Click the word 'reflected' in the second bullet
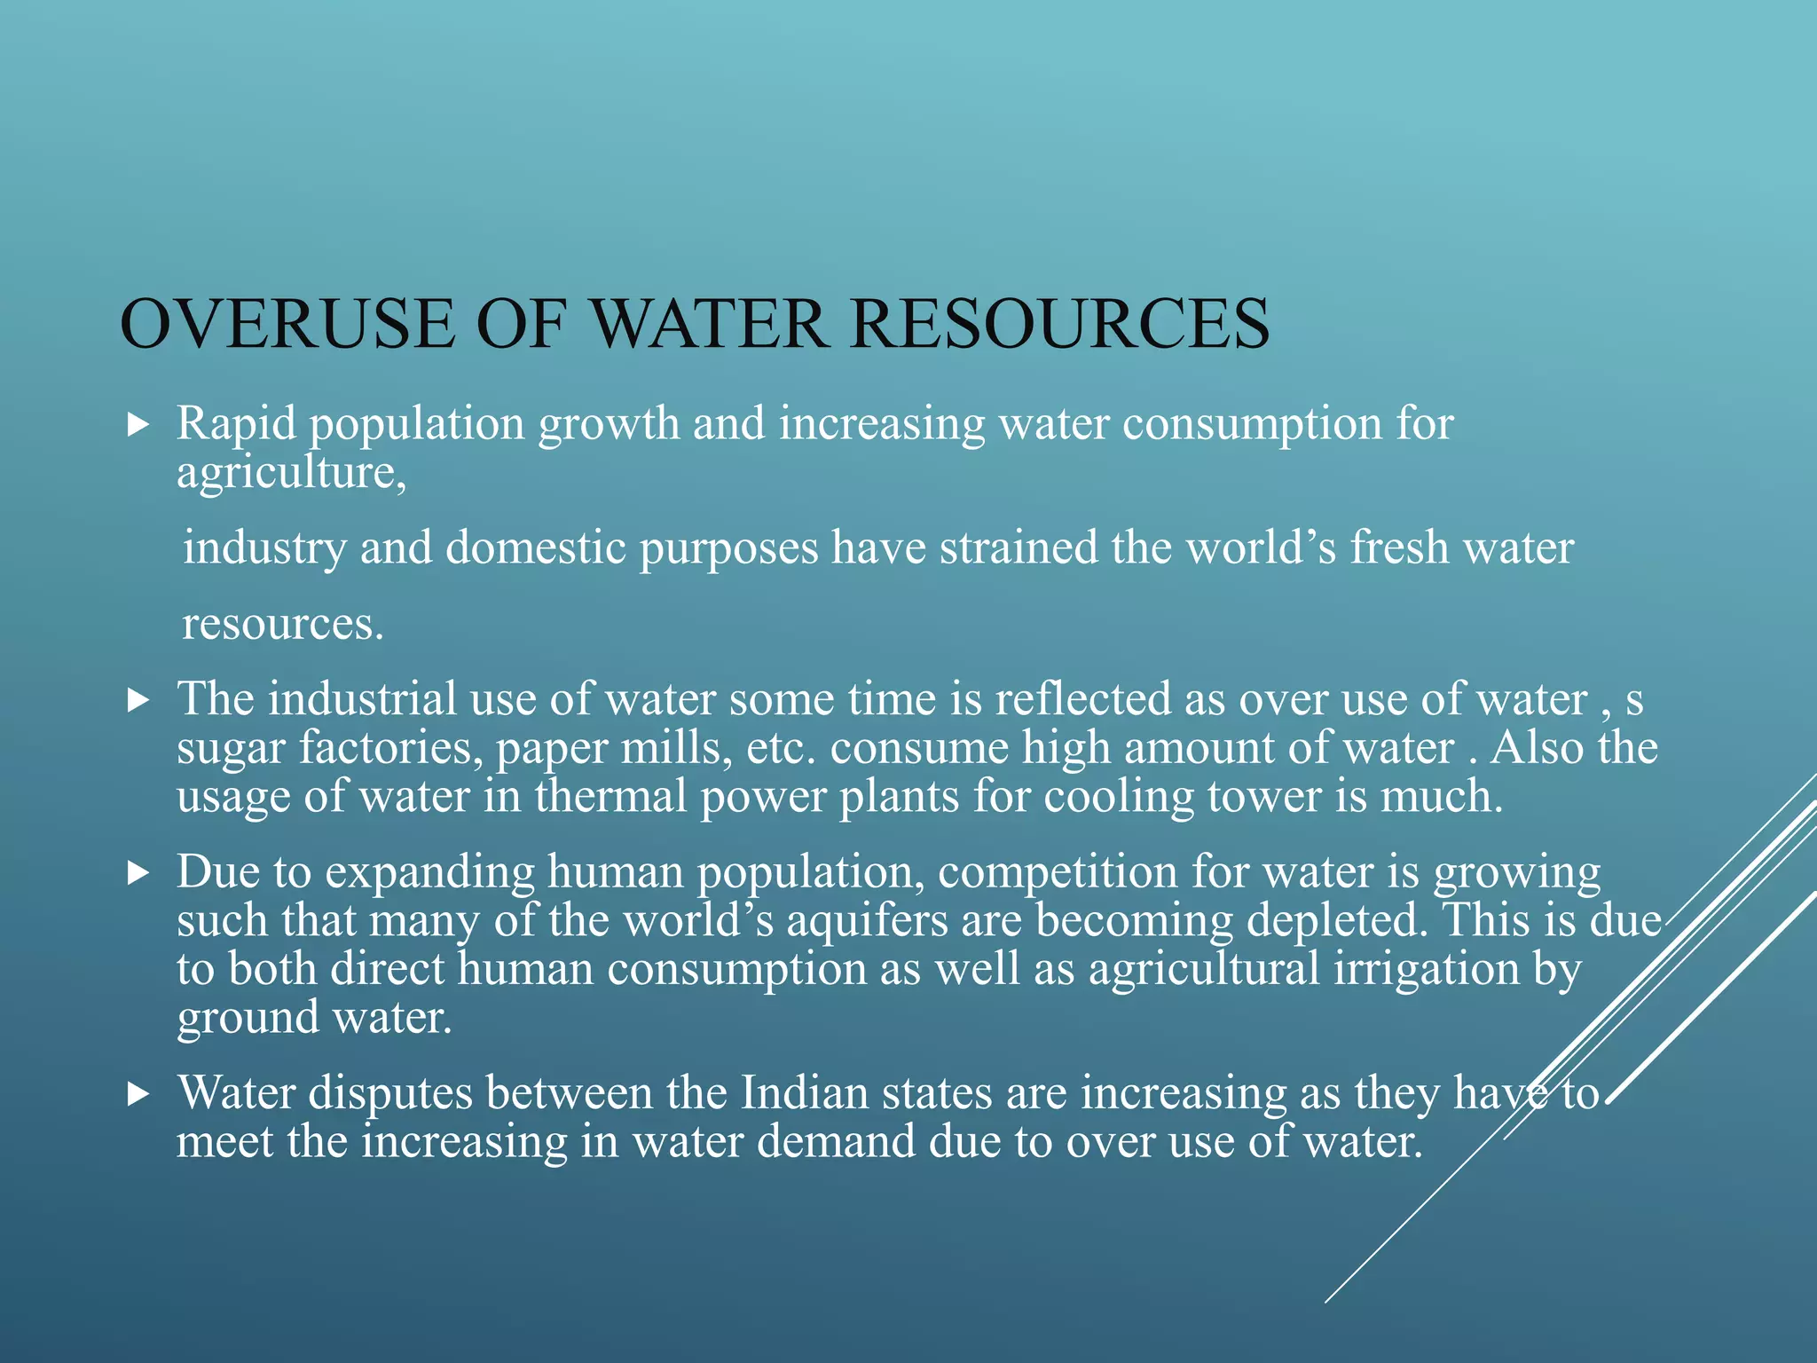pyautogui.click(x=1083, y=699)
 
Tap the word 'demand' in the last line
pyautogui.click(x=835, y=1142)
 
